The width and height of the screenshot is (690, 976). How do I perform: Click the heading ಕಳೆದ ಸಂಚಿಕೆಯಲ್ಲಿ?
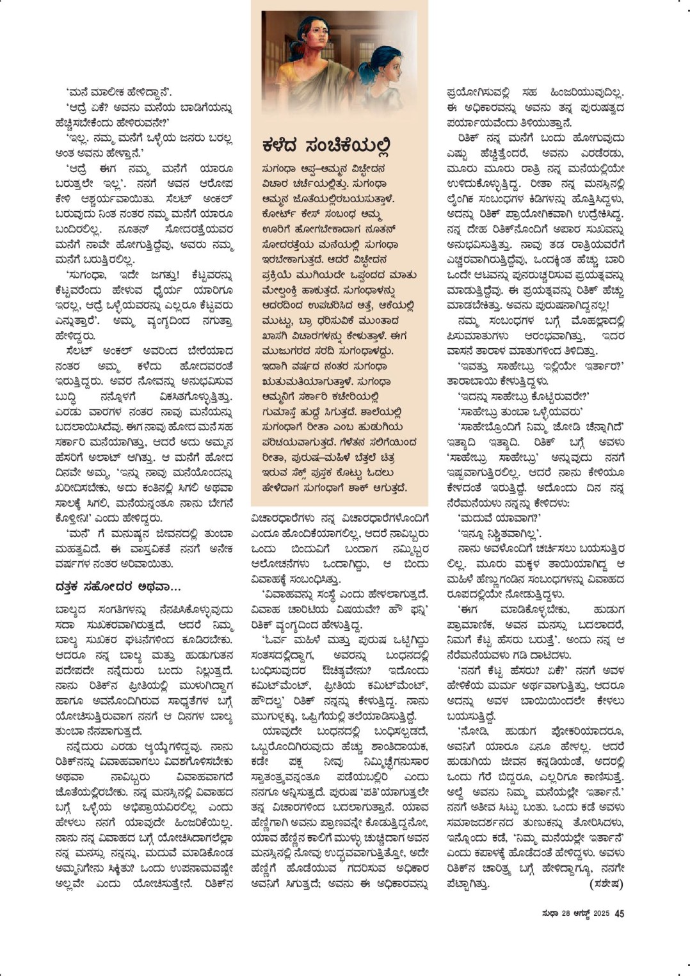[326, 146]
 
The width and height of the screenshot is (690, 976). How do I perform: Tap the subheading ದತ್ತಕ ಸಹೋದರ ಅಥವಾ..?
[118, 586]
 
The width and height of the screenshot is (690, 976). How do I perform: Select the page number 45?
[619, 913]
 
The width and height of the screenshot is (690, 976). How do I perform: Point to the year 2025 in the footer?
[600, 913]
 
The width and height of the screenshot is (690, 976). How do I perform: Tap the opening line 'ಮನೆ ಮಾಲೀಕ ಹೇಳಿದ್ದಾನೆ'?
[118, 92]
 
